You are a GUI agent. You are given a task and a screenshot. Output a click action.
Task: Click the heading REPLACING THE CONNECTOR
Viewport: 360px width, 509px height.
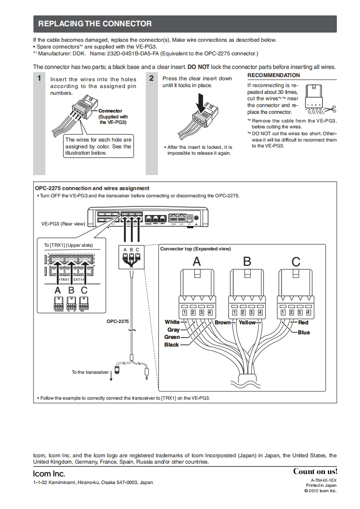click(x=95, y=24)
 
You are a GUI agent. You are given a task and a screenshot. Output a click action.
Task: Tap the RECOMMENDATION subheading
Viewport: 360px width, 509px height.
click(x=273, y=75)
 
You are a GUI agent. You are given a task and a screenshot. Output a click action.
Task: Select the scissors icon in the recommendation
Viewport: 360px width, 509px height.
click(x=330, y=108)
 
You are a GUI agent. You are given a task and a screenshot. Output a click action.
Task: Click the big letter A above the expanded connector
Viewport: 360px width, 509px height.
click(x=197, y=261)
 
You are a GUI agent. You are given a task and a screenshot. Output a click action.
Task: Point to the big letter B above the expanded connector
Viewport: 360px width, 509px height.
click(x=247, y=261)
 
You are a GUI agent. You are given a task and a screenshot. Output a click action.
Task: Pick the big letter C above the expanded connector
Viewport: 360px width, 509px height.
click(x=296, y=261)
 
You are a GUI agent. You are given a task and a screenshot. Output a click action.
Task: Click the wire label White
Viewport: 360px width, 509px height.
click(x=172, y=322)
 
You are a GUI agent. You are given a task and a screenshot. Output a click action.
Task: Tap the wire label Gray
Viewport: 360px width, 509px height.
click(x=173, y=330)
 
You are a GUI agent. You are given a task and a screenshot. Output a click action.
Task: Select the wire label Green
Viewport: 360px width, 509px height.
click(x=172, y=337)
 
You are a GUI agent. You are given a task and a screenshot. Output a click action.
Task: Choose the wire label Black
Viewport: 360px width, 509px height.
click(x=172, y=345)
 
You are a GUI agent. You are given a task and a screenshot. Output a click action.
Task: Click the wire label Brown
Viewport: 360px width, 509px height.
click(x=222, y=323)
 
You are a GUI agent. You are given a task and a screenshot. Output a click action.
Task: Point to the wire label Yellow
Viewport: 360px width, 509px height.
click(x=247, y=323)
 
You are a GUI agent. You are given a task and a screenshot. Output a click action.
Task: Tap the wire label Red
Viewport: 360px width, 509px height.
click(x=303, y=323)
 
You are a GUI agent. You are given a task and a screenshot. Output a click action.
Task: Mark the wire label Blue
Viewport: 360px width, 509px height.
click(x=304, y=333)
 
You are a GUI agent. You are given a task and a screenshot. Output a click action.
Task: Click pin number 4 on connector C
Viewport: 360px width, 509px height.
click(x=308, y=312)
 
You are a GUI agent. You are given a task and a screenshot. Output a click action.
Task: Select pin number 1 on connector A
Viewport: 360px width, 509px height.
click(x=185, y=312)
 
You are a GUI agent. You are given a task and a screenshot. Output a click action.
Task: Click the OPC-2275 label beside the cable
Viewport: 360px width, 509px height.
click(x=118, y=321)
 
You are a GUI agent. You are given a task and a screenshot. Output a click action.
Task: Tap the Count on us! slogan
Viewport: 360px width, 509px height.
click(x=315, y=471)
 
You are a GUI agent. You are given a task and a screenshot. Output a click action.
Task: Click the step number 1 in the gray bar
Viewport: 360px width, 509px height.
click(x=39, y=78)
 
